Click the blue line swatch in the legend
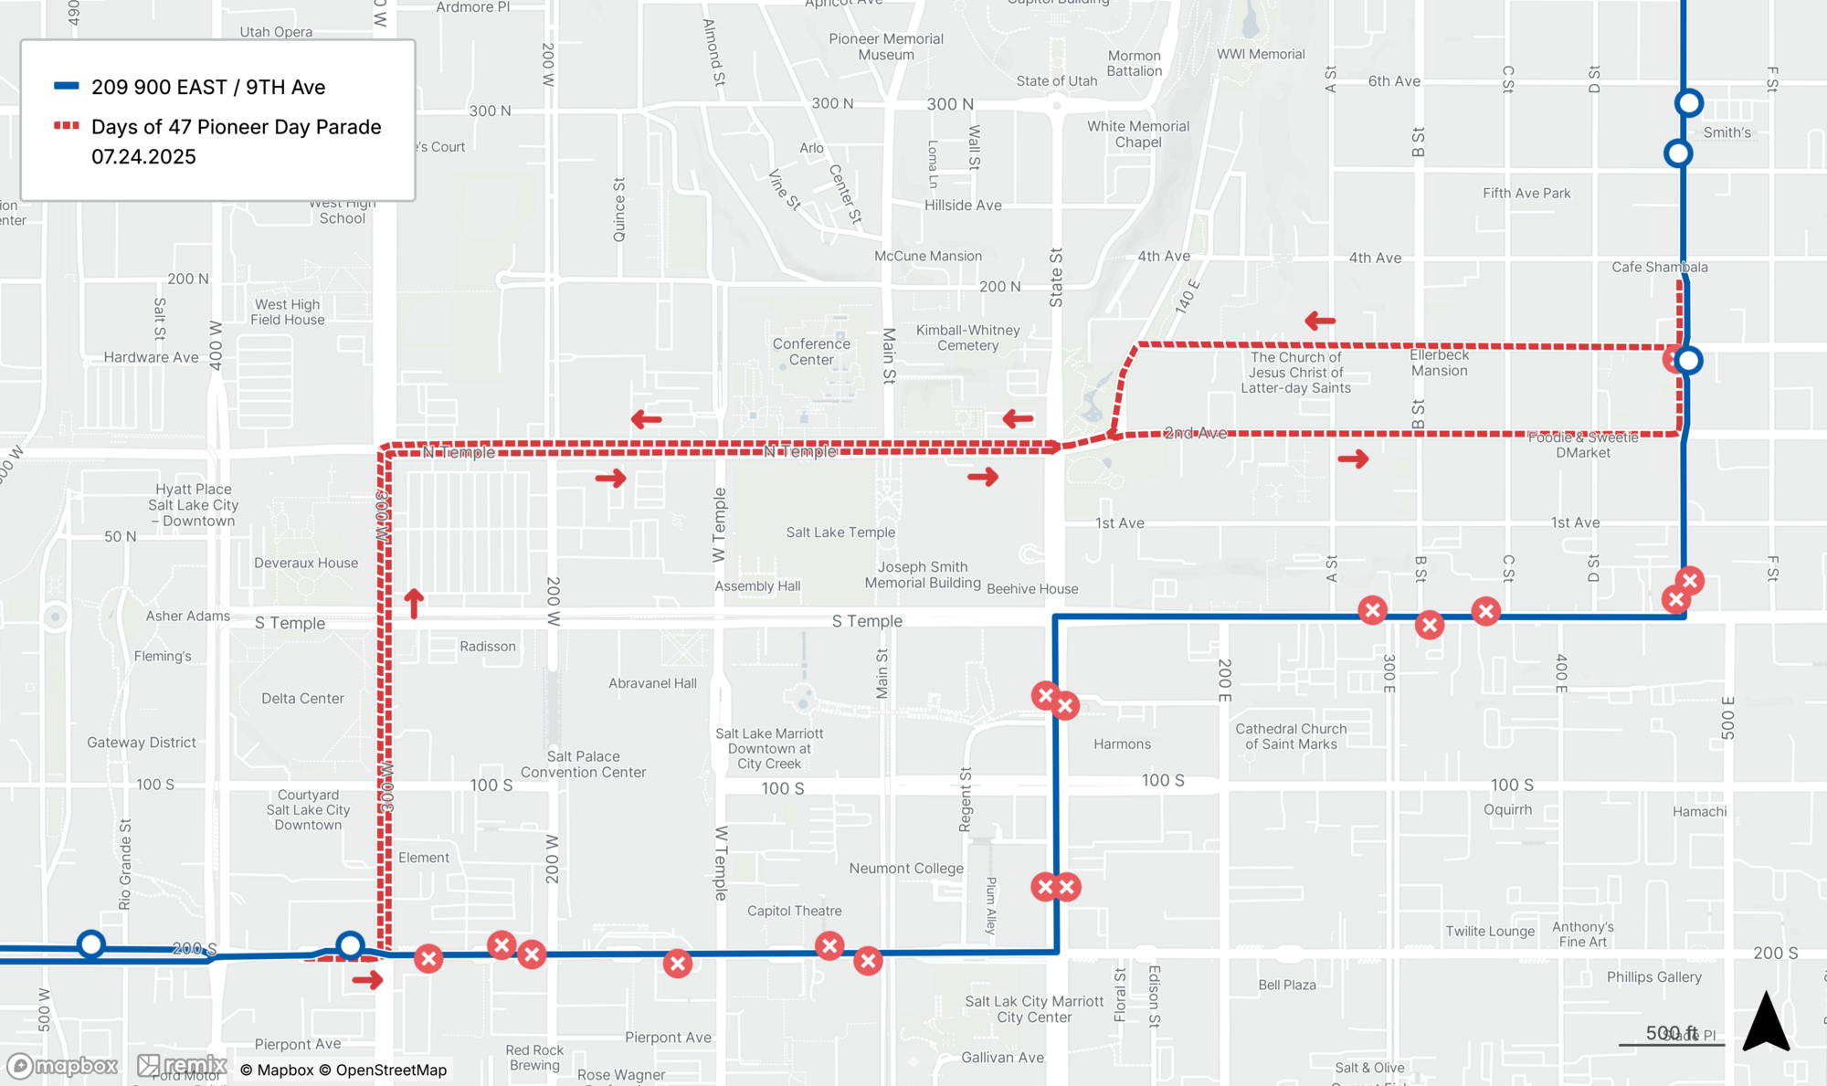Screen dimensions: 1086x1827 pos(66,86)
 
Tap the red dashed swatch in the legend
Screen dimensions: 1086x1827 pos(66,126)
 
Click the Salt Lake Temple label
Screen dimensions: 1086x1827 pos(840,532)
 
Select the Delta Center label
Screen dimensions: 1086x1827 pos(302,699)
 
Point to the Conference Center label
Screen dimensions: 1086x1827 pos(811,352)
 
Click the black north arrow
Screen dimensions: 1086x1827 pos(1765,1023)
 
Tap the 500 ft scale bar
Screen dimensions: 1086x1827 pos(1671,1042)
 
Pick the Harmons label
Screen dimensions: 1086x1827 pos(1122,744)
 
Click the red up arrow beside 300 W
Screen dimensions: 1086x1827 pos(414,603)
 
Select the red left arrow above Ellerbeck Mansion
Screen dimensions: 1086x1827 pos(1320,321)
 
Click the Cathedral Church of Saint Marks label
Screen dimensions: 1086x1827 pos(1291,736)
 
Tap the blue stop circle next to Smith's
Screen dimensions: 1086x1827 pos(1688,103)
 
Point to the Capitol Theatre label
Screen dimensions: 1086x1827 pos(794,911)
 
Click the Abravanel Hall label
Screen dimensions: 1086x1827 pos(652,683)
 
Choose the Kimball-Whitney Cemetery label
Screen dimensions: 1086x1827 pos(967,338)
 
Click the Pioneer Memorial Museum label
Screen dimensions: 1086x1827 pos(885,47)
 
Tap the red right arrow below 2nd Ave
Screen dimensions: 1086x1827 pos(1353,459)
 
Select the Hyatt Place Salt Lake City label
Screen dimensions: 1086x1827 pos(194,505)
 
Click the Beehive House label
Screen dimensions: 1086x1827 pos(1032,589)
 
